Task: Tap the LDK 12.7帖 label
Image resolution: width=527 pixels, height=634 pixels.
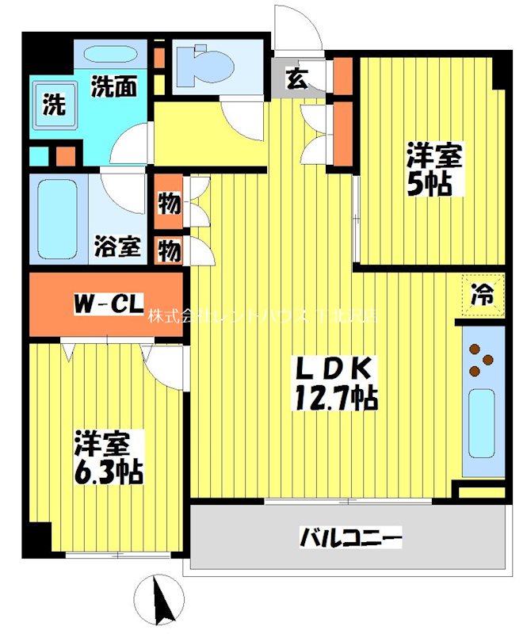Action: (x=336, y=382)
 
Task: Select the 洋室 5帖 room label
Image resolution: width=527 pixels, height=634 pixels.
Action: (x=433, y=168)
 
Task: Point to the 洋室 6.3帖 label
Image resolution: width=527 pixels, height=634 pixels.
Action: (x=108, y=458)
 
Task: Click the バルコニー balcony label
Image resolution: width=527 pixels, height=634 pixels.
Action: (x=351, y=538)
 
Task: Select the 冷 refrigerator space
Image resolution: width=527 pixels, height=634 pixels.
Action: (x=483, y=296)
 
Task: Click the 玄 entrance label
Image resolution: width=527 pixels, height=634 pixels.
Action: (x=296, y=78)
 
